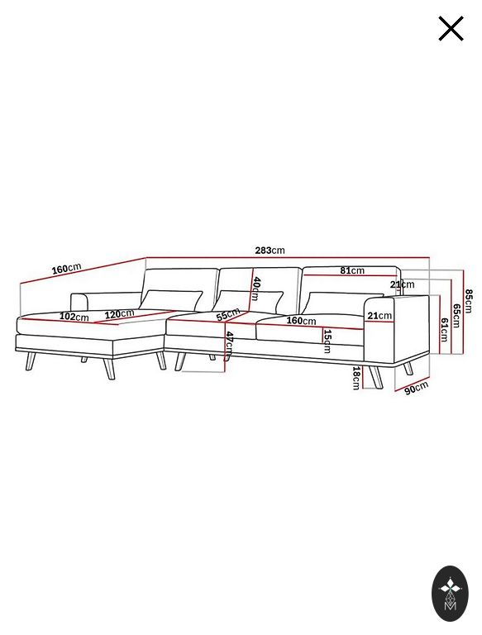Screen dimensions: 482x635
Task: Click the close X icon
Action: (x=451, y=29)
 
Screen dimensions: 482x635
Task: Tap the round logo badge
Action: (x=450, y=594)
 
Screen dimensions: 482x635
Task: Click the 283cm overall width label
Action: (x=270, y=251)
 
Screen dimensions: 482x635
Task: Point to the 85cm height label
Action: (x=469, y=301)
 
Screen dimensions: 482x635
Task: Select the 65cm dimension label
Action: (x=456, y=316)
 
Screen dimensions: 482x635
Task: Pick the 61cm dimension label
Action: (x=444, y=330)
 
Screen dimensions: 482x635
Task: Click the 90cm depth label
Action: (x=417, y=388)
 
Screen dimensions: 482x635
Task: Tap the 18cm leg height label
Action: (x=356, y=378)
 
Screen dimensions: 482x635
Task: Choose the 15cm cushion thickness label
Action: (x=327, y=341)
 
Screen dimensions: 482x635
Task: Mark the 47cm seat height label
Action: (x=230, y=346)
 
